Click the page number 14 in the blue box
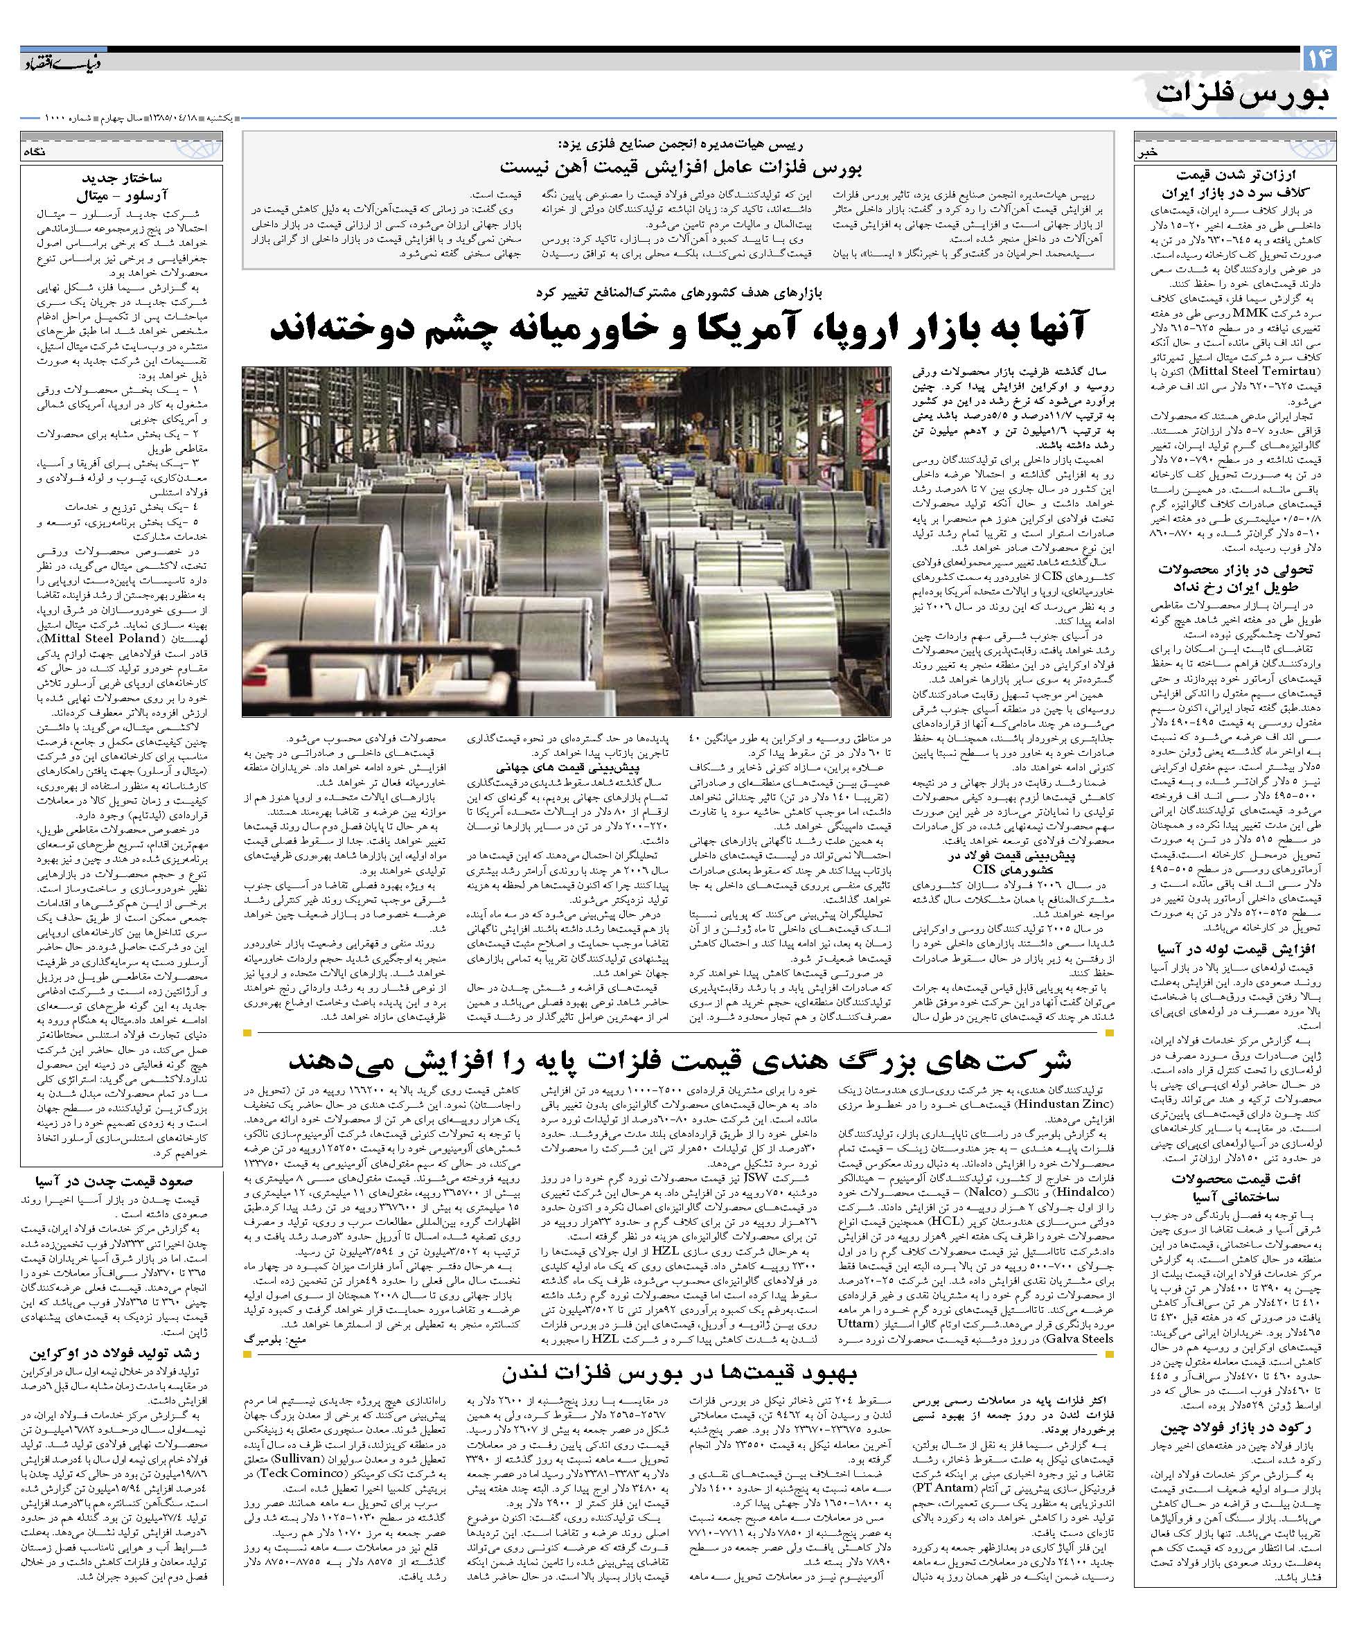pyautogui.click(x=1319, y=58)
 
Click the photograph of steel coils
pyautogui.click(x=566, y=541)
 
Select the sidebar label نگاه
pyautogui.click(x=36, y=152)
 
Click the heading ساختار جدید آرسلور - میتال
pyautogui.click(x=123, y=186)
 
